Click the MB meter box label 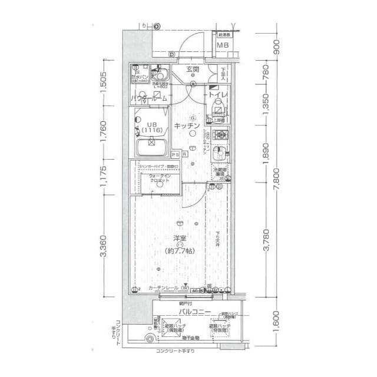click(222, 45)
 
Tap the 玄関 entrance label click(193, 70)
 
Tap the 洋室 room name click(180, 239)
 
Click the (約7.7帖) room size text click(179, 250)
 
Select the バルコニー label click(195, 310)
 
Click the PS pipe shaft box click(175, 154)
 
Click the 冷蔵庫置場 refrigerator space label click(220, 173)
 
